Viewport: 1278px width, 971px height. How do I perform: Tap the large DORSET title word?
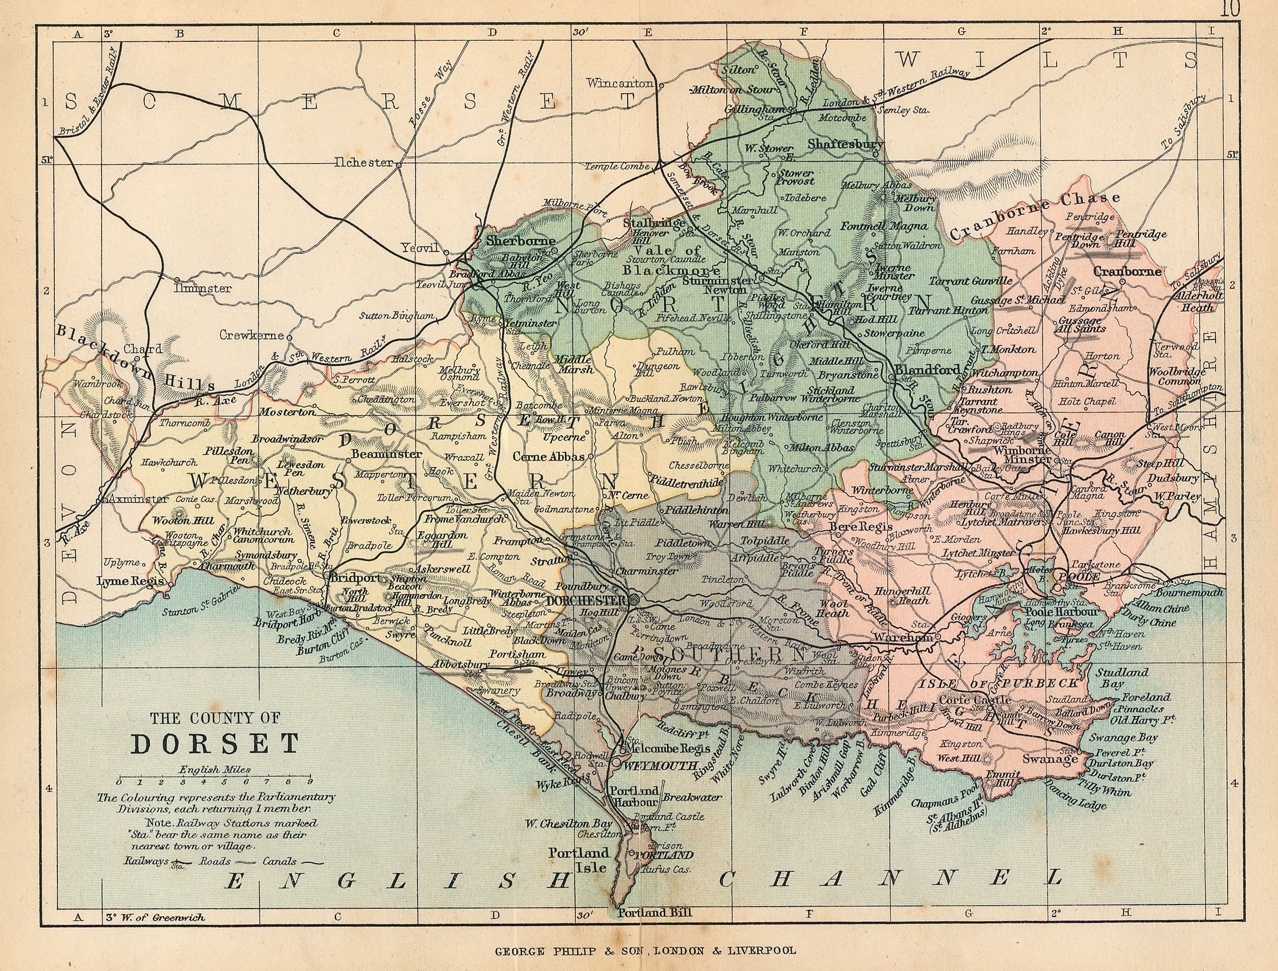pos(214,744)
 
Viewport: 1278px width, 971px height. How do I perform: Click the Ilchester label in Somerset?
pos(364,163)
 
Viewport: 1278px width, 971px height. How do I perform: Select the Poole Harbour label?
pos(1061,611)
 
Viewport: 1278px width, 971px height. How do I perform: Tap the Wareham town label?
pos(903,637)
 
